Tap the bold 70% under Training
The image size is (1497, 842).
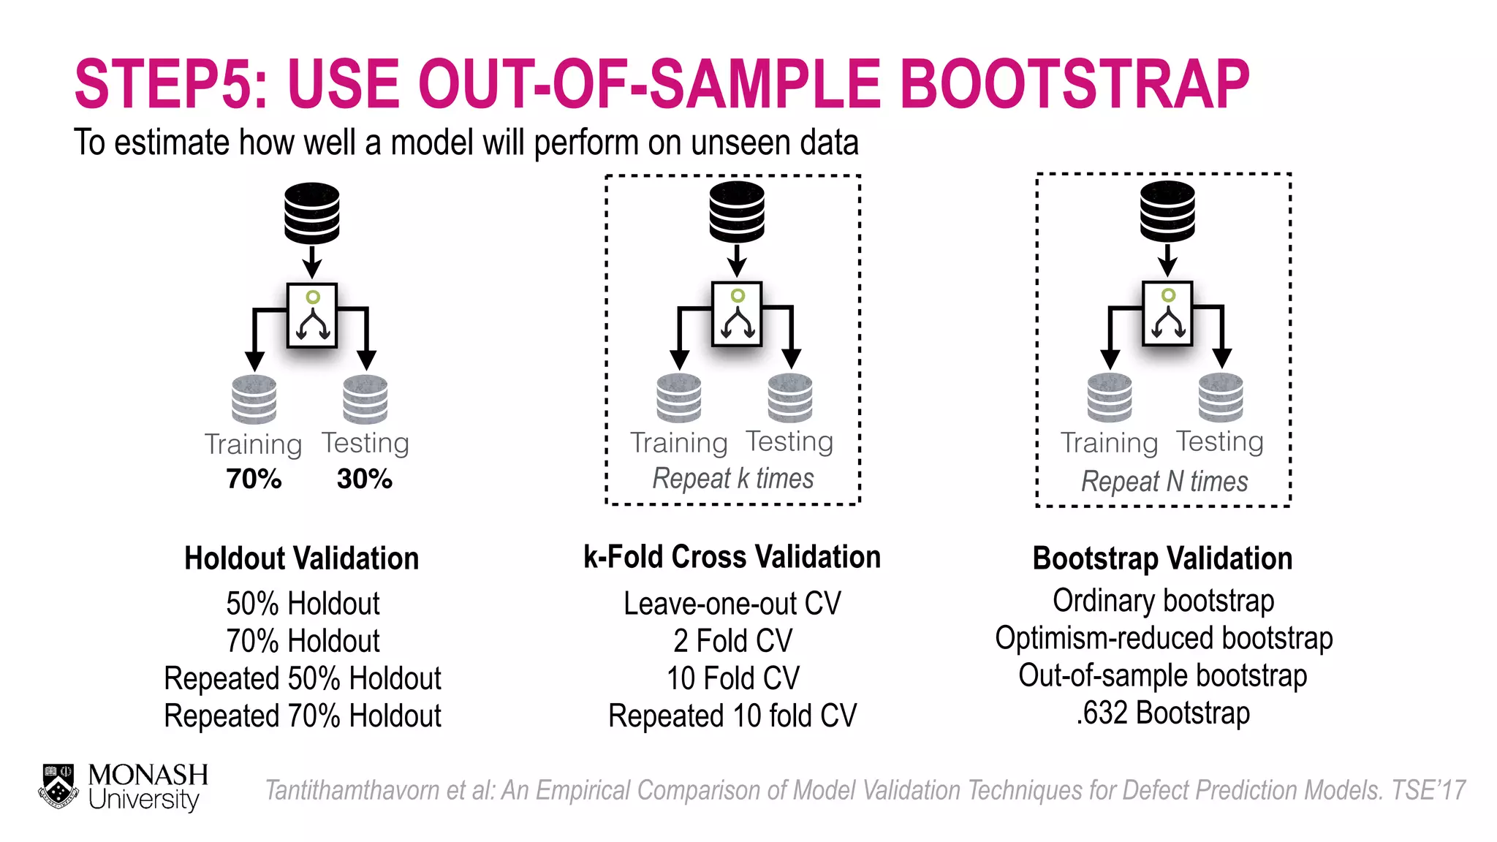tap(254, 479)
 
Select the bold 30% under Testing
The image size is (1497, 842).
tap(364, 479)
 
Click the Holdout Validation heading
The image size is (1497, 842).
tap(301, 558)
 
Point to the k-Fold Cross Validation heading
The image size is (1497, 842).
tap(732, 557)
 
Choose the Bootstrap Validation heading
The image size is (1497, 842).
tap(1162, 558)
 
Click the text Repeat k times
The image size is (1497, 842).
tap(732, 479)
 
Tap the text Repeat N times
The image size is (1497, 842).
tap(1164, 482)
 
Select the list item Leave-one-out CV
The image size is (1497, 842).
tap(732, 604)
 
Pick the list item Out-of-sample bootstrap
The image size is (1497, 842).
tap(1162, 676)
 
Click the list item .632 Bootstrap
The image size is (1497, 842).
tap(1162, 713)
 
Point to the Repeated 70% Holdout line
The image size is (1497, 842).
tap(302, 716)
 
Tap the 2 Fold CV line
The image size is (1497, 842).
tap(732, 641)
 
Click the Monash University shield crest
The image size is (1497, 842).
tap(58, 786)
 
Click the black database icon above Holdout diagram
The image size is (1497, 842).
tap(312, 213)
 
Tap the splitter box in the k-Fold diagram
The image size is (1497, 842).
tap(737, 314)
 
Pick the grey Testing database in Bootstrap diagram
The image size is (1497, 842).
tap(1221, 398)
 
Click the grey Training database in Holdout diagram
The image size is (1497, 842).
tap(254, 399)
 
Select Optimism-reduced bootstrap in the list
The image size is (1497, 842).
tap(1163, 639)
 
